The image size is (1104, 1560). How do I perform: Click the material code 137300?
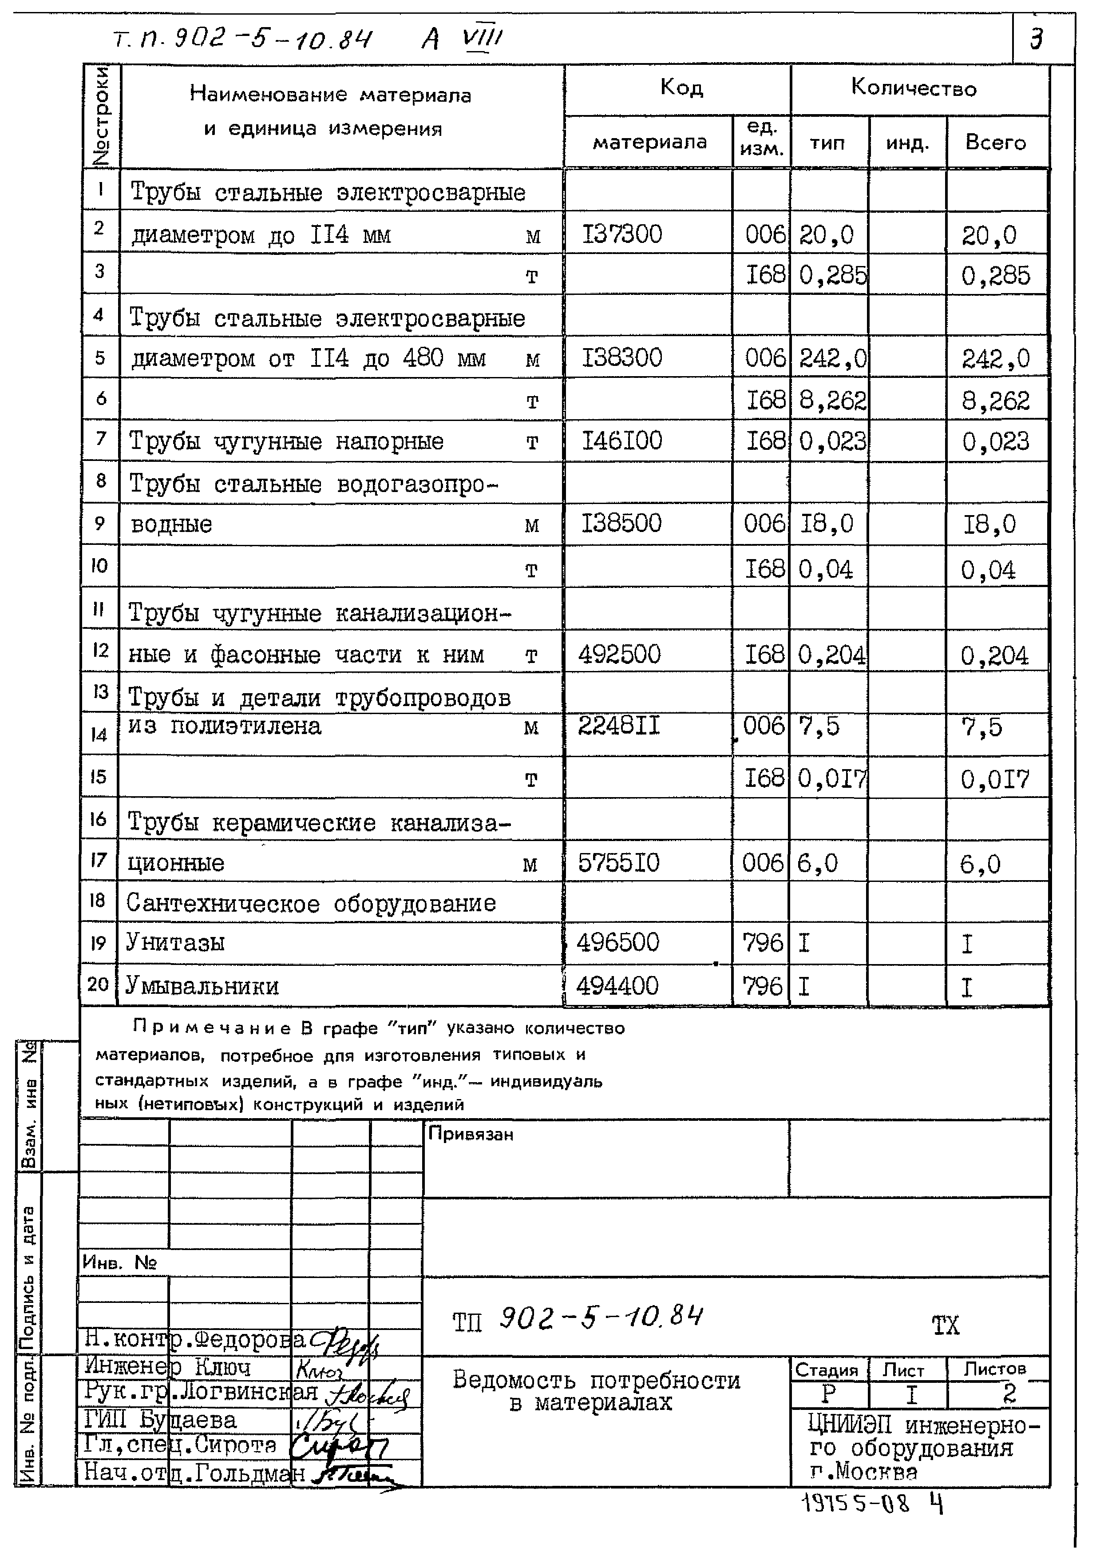(x=621, y=234)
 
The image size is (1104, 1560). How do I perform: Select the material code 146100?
(x=621, y=441)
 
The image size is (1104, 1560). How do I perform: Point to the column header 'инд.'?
(x=907, y=143)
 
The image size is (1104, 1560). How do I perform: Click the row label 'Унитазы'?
(x=175, y=943)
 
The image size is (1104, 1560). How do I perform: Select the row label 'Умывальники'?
(x=202, y=985)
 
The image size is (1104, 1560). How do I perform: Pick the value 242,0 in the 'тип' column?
(x=832, y=358)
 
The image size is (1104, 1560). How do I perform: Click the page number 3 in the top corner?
(x=1036, y=39)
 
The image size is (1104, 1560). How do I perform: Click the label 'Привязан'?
(x=471, y=1134)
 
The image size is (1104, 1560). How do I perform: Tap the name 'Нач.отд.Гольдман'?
(x=194, y=1472)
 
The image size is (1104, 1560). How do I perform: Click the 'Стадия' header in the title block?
(x=826, y=1369)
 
